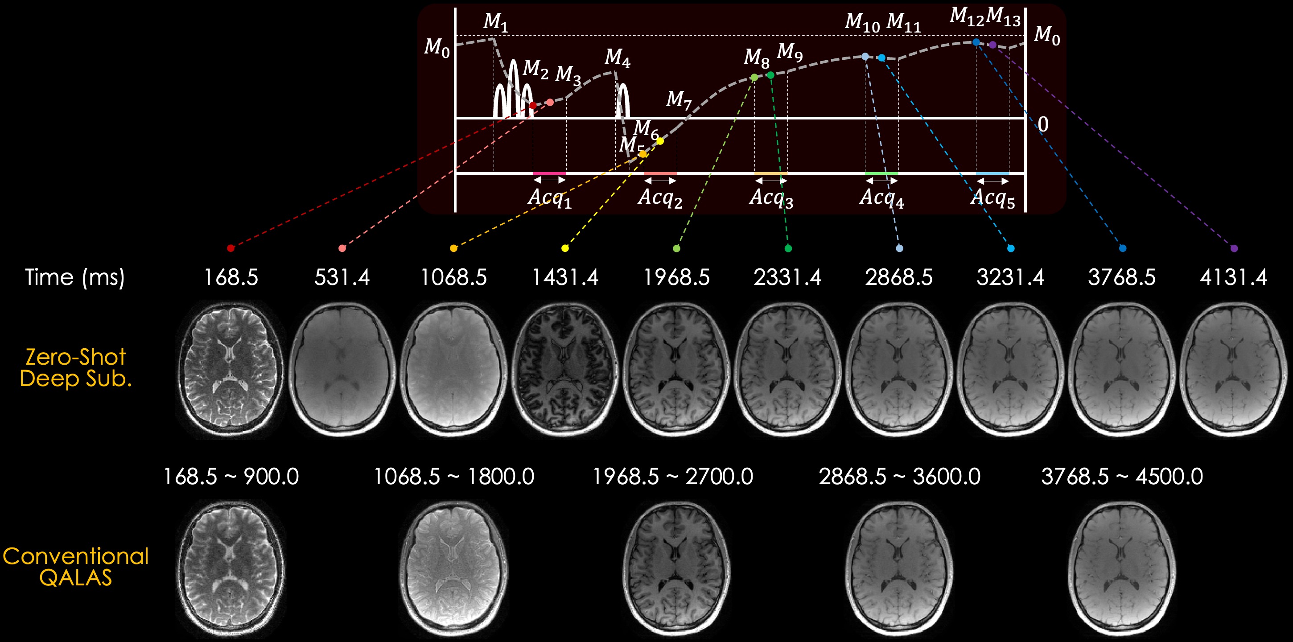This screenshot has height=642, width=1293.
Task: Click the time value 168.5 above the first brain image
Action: tap(231, 277)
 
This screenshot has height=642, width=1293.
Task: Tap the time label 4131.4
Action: tap(1233, 277)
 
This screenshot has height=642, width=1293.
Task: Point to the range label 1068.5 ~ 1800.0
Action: tap(454, 476)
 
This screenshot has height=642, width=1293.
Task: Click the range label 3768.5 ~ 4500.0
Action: tap(1122, 476)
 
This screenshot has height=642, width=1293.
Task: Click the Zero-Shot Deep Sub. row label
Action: tap(75, 368)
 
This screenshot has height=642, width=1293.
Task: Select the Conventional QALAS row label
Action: tap(75, 567)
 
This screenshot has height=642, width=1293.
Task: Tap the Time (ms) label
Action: tap(75, 277)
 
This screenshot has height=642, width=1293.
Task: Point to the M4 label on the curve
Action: tap(617, 58)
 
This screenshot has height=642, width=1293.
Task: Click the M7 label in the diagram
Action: tap(679, 99)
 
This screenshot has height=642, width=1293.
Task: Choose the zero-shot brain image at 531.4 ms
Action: tap(342, 370)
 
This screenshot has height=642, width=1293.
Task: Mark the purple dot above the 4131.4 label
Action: tap(1234, 248)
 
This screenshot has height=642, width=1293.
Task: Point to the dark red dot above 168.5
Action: tap(231, 248)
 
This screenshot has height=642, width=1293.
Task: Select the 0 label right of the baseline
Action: tap(1043, 124)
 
